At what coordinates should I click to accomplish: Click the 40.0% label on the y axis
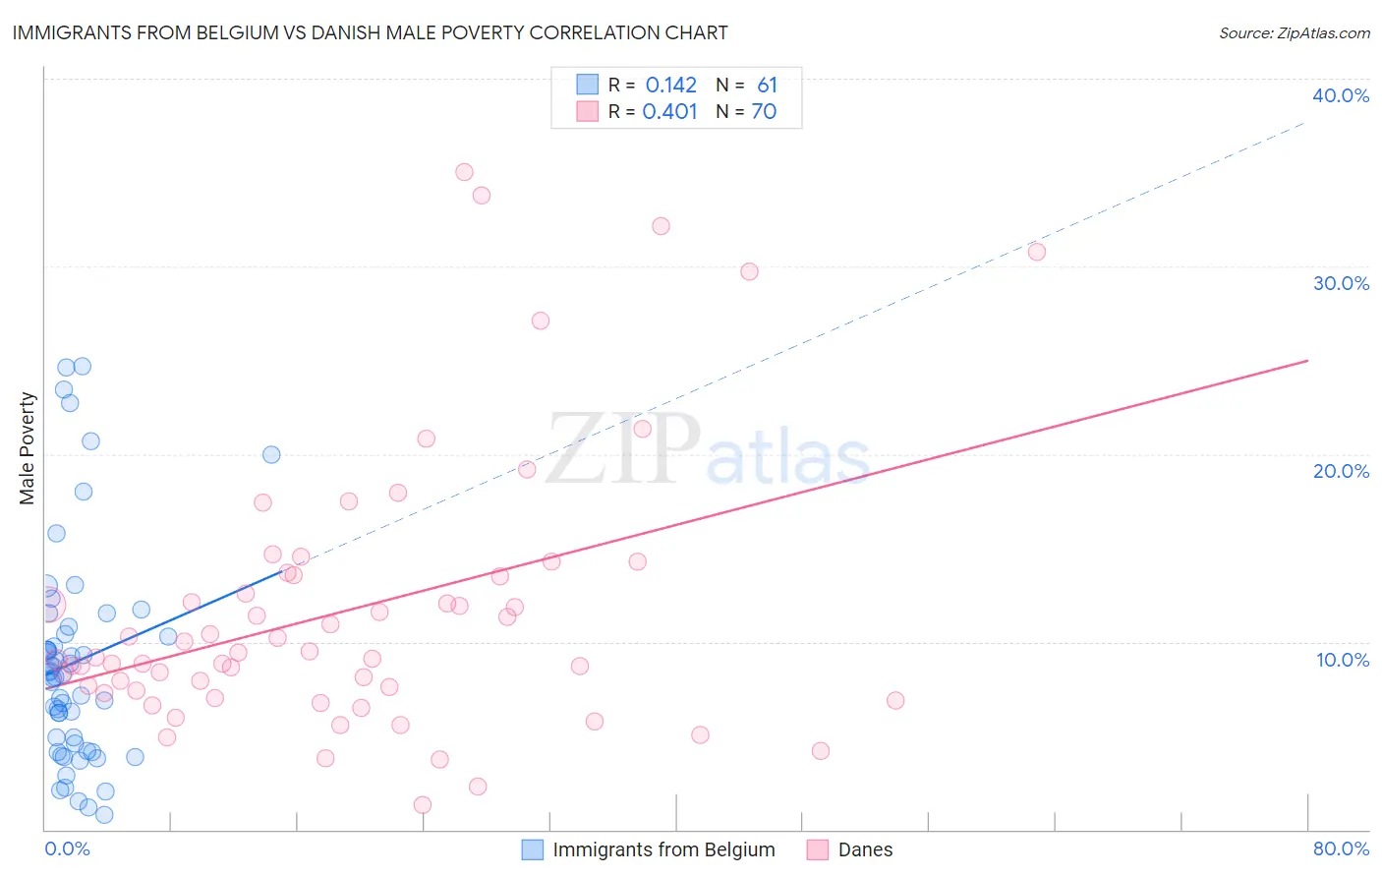pyautogui.click(x=1341, y=95)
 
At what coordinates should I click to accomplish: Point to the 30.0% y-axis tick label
pyautogui.click(x=1341, y=283)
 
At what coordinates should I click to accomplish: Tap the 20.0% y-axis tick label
pyautogui.click(x=1341, y=471)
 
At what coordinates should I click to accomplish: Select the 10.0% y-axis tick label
pyautogui.click(x=1343, y=660)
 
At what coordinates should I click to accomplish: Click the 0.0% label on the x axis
pyautogui.click(x=67, y=848)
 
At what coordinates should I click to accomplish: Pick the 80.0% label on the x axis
pyautogui.click(x=1341, y=848)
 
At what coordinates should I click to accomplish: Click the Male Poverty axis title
pyautogui.click(x=28, y=448)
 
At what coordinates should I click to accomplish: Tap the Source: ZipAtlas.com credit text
pyautogui.click(x=1294, y=33)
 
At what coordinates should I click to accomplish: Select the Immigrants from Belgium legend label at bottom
pyautogui.click(x=663, y=849)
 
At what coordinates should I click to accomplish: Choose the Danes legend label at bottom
pyautogui.click(x=865, y=849)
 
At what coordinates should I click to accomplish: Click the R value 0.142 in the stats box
pyautogui.click(x=670, y=86)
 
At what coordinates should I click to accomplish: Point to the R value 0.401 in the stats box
pyautogui.click(x=669, y=112)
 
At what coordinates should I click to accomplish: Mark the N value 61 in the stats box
pyautogui.click(x=767, y=86)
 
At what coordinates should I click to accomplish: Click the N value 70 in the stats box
pyautogui.click(x=764, y=112)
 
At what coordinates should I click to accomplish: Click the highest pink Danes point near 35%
pyautogui.click(x=464, y=172)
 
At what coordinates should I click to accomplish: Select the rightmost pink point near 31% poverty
pyautogui.click(x=1036, y=252)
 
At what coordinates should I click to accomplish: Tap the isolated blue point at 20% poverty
pyautogui.click(x=271, y=454)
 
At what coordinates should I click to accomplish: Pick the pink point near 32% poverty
pyautogui.click(x=661, y=226)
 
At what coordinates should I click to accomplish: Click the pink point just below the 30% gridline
pyautogui.click(x=749, y=271)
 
